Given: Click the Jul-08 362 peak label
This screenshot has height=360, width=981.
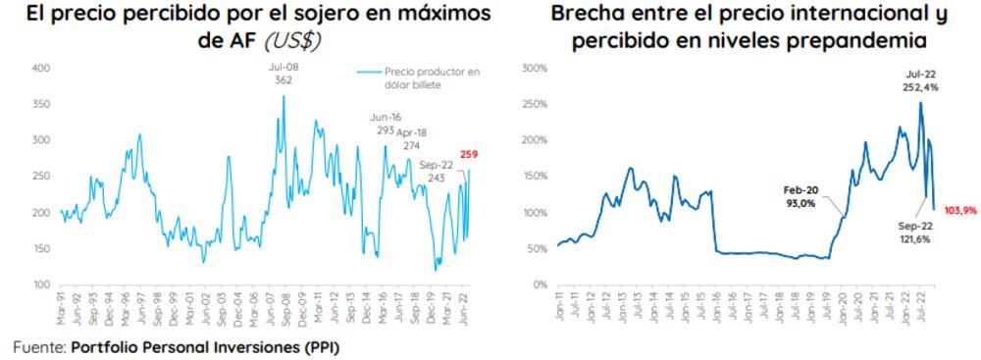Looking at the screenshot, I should pyautogui.click(x=284, y=75).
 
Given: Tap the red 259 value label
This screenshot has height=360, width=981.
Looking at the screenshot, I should pyautogui.click(x=469, y=154).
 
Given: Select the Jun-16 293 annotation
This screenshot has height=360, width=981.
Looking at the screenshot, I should pyautogui.click(x=384, y=124).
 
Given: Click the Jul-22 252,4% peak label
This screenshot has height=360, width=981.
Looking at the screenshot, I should pyautogui.click(x=920, y=78).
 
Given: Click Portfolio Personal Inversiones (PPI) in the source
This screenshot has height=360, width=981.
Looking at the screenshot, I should pyautogui.click(x=205, y=347).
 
